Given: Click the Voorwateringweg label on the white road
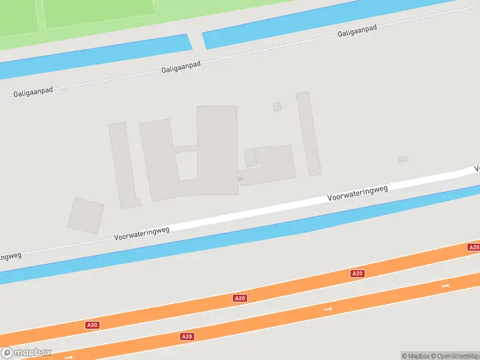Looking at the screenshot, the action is [x=358, y=193].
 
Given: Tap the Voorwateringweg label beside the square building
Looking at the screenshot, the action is [x=142, y=233].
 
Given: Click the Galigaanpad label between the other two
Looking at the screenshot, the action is [x=180, y=66].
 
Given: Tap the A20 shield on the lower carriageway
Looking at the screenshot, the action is [x=187, y=337].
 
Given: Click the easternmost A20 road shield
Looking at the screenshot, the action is [x=473, y=247].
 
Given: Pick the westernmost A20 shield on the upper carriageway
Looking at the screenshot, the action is [x=92, y=325].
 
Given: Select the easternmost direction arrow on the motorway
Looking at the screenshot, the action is [x=446, y=286].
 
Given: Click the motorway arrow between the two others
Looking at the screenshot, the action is [x=328, y=308].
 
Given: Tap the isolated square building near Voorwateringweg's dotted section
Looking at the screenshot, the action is [x=85, y=215].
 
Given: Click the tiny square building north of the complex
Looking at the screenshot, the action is [x=277, y=107].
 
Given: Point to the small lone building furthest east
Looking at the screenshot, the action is [x=403, y=159].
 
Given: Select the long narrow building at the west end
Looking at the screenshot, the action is [x=124, y=165].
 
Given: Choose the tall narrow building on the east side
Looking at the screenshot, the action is [x=308, y=133].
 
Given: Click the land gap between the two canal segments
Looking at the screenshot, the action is [x=196, y=41].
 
